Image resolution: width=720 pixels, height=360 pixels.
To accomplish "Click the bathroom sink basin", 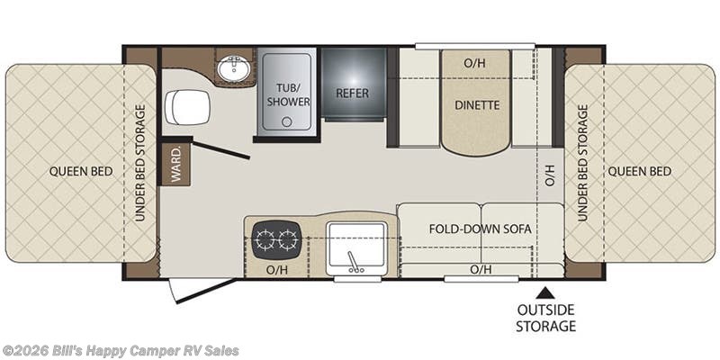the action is pos(234,69).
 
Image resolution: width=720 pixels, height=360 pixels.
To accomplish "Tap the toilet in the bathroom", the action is pos(187,107).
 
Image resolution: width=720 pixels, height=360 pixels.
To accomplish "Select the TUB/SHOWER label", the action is pos(288,94).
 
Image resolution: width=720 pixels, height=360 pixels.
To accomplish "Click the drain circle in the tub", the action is pos(287,121).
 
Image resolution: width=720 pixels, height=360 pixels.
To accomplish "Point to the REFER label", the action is pos(352,94).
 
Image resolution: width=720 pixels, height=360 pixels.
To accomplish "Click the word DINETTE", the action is pos(477,105).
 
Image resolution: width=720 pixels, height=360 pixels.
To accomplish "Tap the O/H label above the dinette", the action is pos(474,63).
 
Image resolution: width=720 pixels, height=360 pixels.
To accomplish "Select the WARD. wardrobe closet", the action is pos(175,165).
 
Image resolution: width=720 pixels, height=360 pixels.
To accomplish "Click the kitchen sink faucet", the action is pos(353,262).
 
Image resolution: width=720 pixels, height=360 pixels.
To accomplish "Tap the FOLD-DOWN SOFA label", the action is pos(481,229).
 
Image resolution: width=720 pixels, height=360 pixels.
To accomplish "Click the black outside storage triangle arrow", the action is pos(544,292).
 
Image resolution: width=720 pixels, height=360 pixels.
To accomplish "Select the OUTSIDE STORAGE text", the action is pos(545,318).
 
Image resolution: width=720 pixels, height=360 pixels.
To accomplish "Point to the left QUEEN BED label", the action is pos(81,172).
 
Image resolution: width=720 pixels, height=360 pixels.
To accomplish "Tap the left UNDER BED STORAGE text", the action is pos(140,163).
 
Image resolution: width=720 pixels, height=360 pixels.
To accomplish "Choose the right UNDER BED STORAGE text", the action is pos(582,163).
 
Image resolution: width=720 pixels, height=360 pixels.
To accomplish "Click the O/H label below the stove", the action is pos(277,270).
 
